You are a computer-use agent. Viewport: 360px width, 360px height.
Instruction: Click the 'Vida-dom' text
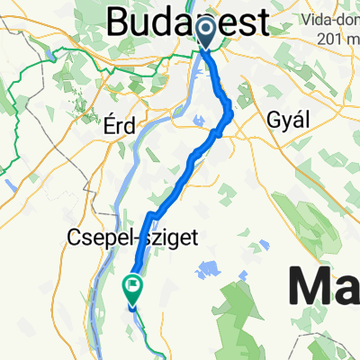pyautogui.click(x=334, y=18)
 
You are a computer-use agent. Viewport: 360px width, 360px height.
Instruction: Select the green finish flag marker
pyautogui.click(x=131, y=288)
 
